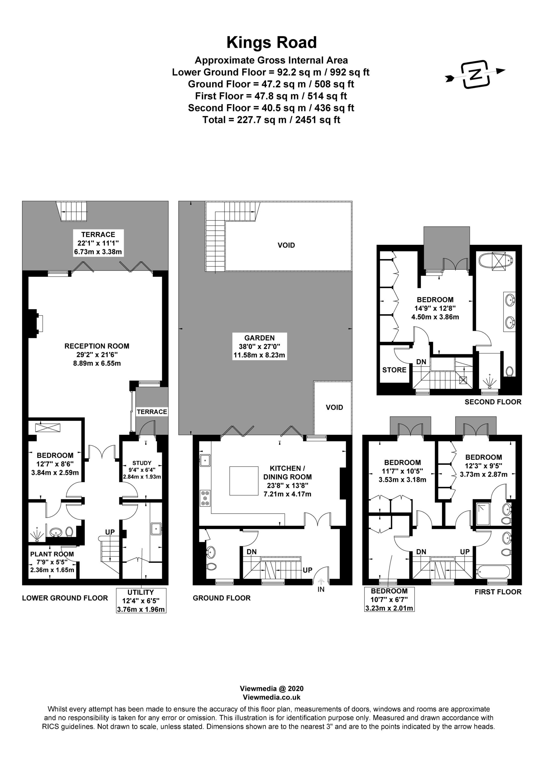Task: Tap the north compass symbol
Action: pyautogui.click(x=475, y=75)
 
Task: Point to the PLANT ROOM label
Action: pyautogui.click(x=52, y=554)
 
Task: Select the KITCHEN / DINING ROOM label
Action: pyautogui.click(x=287, y=473)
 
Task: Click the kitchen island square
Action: pyautogui.click(x=244, y=481)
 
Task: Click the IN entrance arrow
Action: pyautogui.click(x=321, y=581)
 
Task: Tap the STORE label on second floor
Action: pyautogui.click(x=394, y=370)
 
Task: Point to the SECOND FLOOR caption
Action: pyautogui.click(x=493, y=402)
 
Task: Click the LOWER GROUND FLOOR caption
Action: pyautogui.click(x=65, y=598)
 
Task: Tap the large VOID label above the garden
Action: pyautogui.click(x=286, y=245)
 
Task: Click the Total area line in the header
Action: pyautogui.click(x=271, y=120)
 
